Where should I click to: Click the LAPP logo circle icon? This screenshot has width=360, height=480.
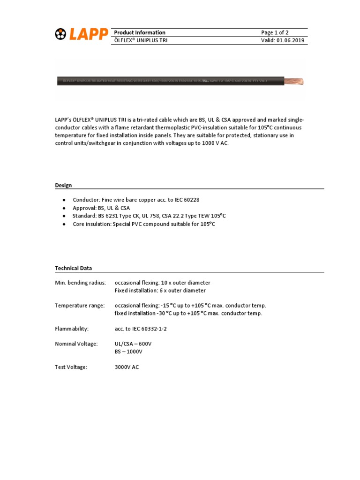(61, 35)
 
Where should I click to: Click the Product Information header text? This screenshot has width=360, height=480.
(140, 32)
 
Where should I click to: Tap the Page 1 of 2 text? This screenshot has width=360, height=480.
(275, 32)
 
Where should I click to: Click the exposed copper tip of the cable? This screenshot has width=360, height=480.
(295, 82)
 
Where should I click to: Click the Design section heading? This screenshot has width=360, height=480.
(63, 185)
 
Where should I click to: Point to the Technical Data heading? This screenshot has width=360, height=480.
(74, 268)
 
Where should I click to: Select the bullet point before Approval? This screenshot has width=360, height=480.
(64, 208)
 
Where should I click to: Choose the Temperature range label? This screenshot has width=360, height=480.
(80, 305)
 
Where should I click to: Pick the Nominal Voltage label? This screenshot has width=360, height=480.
(76, 344)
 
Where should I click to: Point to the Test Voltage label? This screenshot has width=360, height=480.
(71, 367)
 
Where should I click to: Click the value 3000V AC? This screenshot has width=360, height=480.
(127, 367)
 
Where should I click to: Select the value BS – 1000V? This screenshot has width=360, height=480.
(128, 351)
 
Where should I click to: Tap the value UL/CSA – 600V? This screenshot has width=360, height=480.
(133, 344)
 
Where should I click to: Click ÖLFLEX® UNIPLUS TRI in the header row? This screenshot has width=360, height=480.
(141, 40)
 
